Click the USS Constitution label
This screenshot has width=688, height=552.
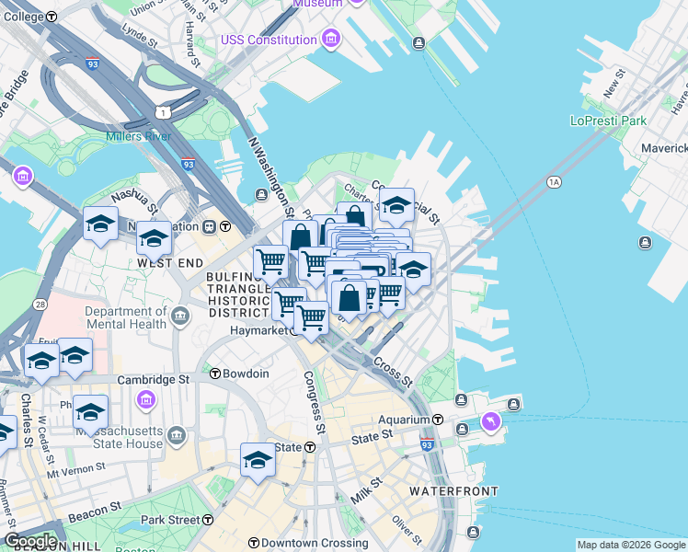[269, 40]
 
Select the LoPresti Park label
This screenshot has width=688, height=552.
[608, 121]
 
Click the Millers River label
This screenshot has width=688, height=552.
[138, 137]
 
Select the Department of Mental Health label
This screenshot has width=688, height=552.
[125, 317]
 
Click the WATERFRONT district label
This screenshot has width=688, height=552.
[453, 491]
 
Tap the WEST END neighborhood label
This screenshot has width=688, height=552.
[169, 262]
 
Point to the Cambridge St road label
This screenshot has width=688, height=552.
[165, 378]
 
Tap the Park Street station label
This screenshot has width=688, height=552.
[170, 520]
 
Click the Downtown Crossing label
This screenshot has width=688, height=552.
[308, 544]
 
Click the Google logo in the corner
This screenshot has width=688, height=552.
[30, 541]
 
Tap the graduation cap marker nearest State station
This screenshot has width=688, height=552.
[258, 460]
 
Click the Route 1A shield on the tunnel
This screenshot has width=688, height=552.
[554, 182]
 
